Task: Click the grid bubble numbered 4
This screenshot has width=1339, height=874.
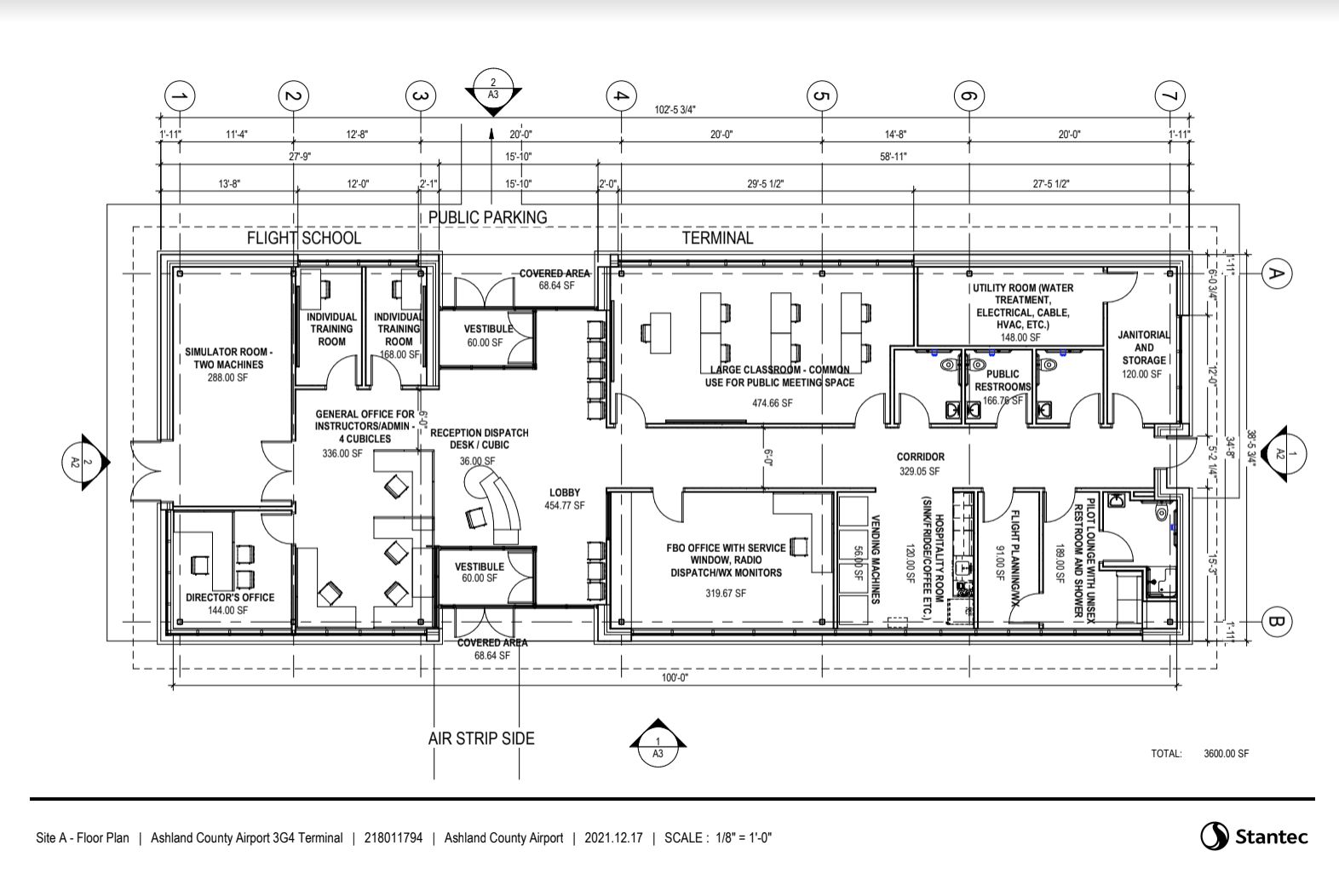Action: coord(621,96)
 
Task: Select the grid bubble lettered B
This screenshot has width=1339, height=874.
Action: coord(1276,622)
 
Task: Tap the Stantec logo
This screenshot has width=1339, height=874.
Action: coord(1255,837)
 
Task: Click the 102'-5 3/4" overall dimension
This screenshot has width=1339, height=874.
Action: coord(675,109)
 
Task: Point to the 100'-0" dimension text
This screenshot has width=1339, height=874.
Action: coord(675,677)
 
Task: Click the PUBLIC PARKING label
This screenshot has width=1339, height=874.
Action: coord(488,217)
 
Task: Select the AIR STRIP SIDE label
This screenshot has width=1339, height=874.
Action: coord(481,739)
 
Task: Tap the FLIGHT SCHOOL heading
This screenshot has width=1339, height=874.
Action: coord(304,238)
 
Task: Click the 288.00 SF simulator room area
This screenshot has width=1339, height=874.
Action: coord(227,378)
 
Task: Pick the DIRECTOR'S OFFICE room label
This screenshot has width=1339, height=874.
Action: coord(230,597)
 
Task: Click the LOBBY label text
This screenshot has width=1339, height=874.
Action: coord(565,492)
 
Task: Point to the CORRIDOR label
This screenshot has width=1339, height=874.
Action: coord(921,457)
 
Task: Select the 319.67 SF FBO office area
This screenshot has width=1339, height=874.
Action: coord(726,594)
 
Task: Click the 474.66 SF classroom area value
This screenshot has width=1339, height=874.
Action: coord(773,404)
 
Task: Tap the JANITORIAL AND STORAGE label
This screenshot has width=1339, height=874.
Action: coord(1144,348)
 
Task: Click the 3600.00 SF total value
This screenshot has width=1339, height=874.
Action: coord(1226,754)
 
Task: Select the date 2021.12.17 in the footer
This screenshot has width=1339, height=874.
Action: coord(613,838)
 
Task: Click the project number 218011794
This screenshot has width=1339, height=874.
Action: coord(394,838)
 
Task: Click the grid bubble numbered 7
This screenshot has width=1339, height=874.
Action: coord(1169,96)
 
